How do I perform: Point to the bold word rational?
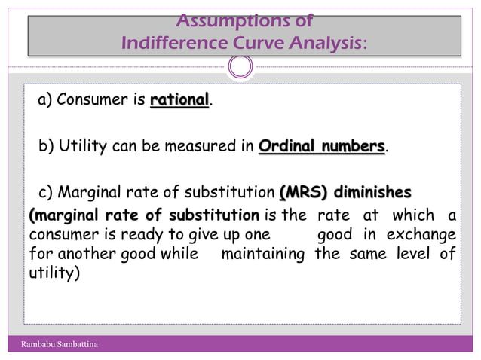tap(179, 100)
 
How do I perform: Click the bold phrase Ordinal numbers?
tap(322, 145)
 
